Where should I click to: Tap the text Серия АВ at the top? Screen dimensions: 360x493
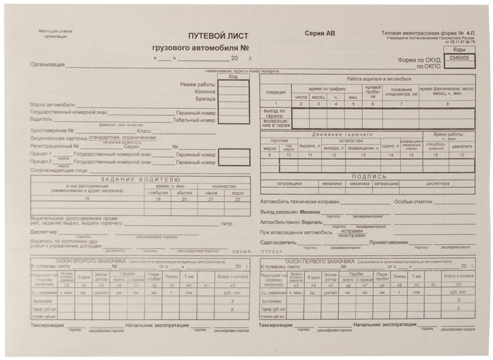point(320,34)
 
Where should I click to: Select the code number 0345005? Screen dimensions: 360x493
point(459,58)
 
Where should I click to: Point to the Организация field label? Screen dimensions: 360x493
point(47,65)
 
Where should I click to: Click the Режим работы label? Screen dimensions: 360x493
point(198,85)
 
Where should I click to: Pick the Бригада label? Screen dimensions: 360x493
point(205,99)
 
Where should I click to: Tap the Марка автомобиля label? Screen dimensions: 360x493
point(52,105)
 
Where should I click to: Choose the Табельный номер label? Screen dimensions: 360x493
point(194,120)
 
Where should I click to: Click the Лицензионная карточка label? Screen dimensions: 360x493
point(55,138)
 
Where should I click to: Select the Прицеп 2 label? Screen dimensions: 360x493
point(41,162)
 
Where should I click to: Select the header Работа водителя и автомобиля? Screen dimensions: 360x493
point(379,79)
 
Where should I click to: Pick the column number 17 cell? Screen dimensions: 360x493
point(462,155)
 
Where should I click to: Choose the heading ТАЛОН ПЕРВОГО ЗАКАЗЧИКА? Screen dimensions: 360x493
point(319,261)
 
